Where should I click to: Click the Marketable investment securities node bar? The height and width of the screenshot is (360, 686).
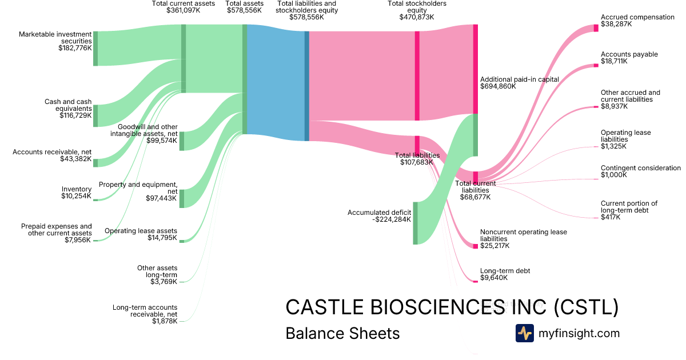[95, 49]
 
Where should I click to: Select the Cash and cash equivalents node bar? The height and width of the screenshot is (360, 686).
[95, 115]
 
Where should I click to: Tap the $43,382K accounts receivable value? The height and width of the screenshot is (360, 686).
[75, 159]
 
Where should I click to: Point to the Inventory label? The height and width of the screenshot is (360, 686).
[77, 189]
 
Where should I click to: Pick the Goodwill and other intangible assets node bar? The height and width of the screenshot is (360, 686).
[182, 141]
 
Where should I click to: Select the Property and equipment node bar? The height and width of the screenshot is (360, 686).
[182, 198]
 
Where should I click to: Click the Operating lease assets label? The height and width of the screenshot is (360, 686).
[141, 231]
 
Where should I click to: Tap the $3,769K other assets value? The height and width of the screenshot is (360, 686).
[163, 282]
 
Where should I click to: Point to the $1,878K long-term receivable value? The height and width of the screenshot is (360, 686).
[164, 321]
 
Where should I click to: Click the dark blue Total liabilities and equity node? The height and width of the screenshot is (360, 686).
[307, 86]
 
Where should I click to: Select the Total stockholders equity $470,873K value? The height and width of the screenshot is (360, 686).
[417, 17]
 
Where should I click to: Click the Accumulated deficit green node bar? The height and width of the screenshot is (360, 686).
[416, 223]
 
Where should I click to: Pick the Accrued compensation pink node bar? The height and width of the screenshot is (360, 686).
[596, 27]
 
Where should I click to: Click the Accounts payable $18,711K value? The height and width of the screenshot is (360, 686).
[614, 61]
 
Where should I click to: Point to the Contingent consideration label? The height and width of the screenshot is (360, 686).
[640, 168]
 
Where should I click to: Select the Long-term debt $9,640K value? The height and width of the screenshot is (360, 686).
[494, 278]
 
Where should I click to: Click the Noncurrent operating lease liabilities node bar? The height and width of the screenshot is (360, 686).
[475, 246]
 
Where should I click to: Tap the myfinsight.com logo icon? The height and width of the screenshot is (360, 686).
[524, 333]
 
